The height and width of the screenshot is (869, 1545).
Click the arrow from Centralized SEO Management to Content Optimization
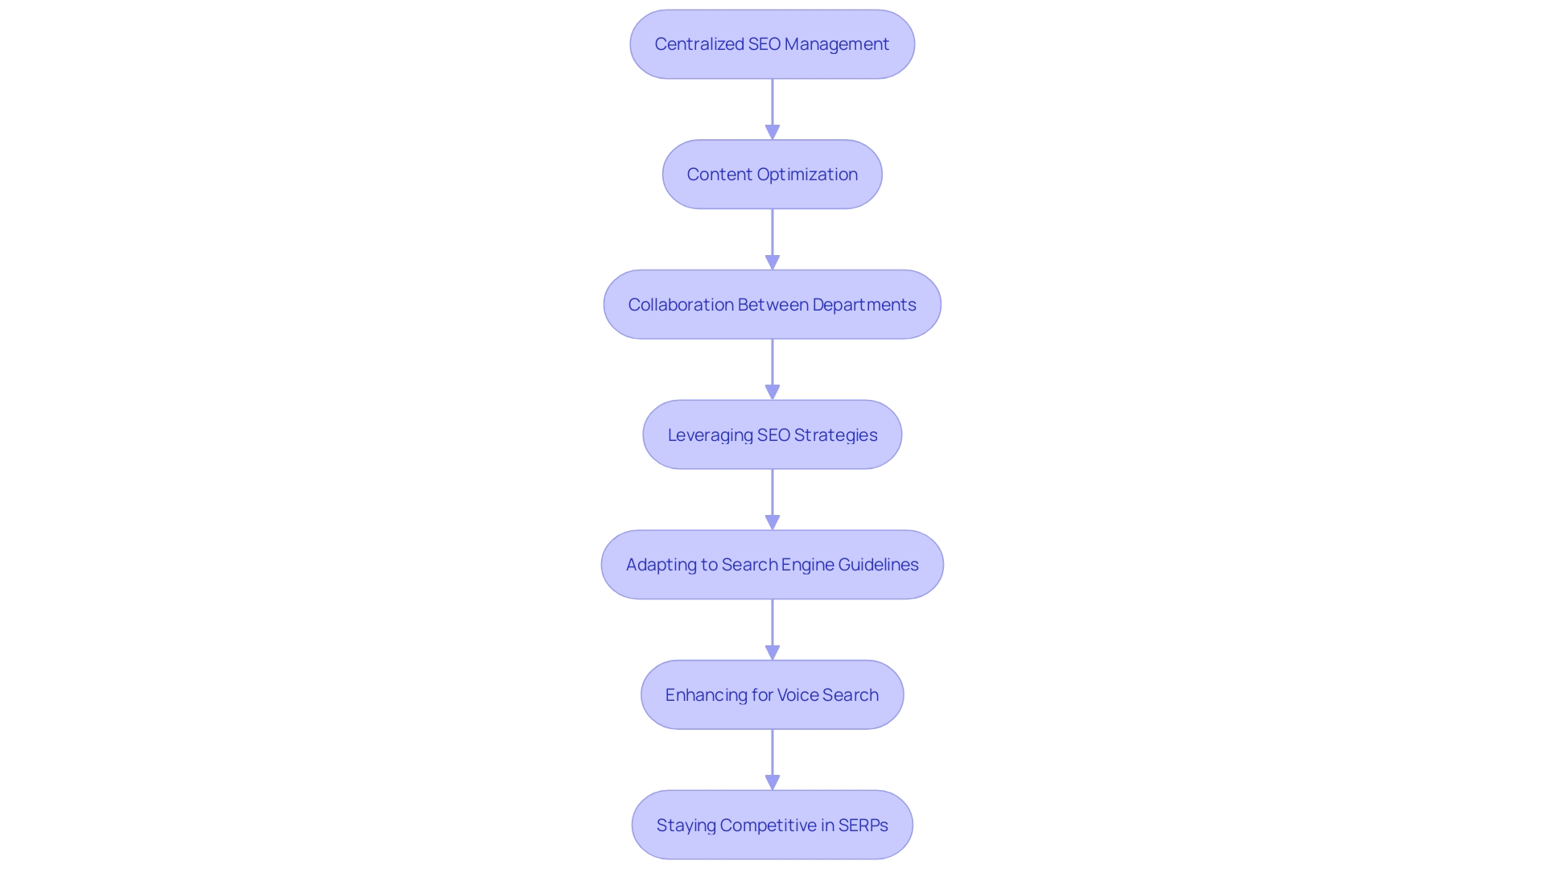pyautogui.click(x=772, y=109)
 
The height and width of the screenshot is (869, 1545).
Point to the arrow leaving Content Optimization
pyautogui.click(x=772, y=239)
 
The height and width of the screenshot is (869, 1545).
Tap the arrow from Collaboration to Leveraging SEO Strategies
pyautogui.click(x=772, y=369)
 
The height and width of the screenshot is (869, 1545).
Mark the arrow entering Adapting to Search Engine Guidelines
pyautogui.click(x=772, y=499)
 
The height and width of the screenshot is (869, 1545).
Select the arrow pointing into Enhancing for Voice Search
pyautogui.click(x=772, y=629)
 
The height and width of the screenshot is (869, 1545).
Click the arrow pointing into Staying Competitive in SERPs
pyautogui.click(x=772, y=760)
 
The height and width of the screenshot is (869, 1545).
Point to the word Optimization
pyautogui.click(x=807, y=175)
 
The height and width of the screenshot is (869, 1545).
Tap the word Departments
pyautogui.click(x=863, y=305)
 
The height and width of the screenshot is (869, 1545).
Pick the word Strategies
pyautogui.click(x=835, y=435)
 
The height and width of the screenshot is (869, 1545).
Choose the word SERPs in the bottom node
pyautogui.click(x=863, y=826)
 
